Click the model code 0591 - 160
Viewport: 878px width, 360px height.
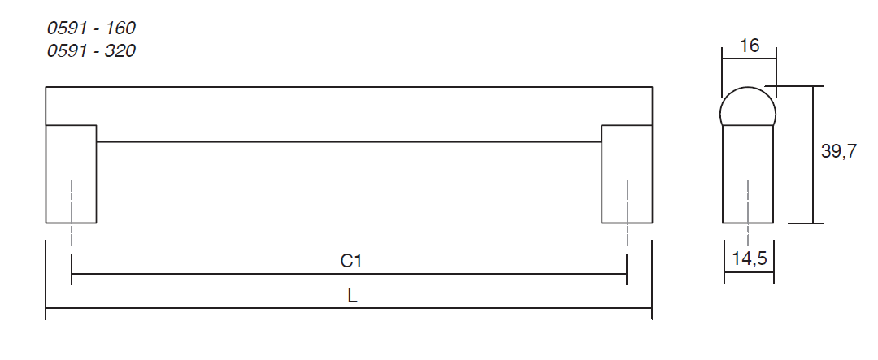pos(91,28)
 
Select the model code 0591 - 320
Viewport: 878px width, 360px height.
pos(91,50)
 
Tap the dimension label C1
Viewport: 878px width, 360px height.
pos(350,261)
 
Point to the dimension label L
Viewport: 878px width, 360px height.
pos(352,297)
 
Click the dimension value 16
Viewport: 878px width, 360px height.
pos(750,46)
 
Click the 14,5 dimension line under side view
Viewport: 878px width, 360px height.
pos(749,273)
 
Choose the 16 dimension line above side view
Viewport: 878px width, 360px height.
pos(749,59)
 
